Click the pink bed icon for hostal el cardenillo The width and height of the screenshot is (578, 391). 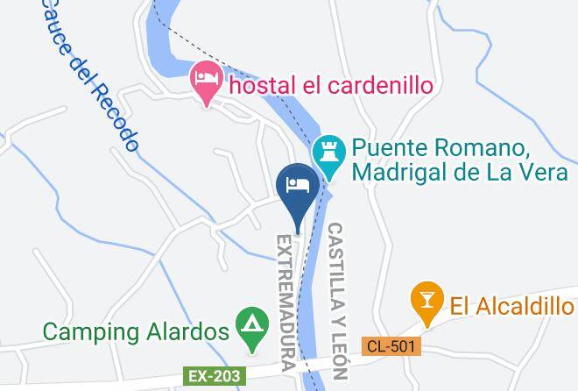(x=207, y=82)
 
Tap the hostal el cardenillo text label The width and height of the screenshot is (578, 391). (x=332, y=86)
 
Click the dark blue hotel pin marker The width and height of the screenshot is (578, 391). (x=297, y=186)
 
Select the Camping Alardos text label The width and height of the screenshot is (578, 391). (x=136, y=331)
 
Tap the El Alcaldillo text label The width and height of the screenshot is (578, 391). (x=511, y=305)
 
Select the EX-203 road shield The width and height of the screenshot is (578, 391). (x=212, y=375)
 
